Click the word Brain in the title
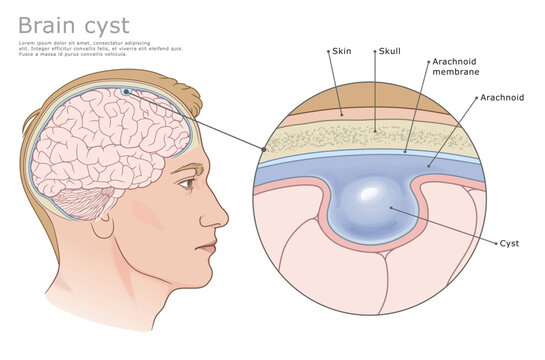49,24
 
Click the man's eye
187,184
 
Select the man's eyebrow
186,167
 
